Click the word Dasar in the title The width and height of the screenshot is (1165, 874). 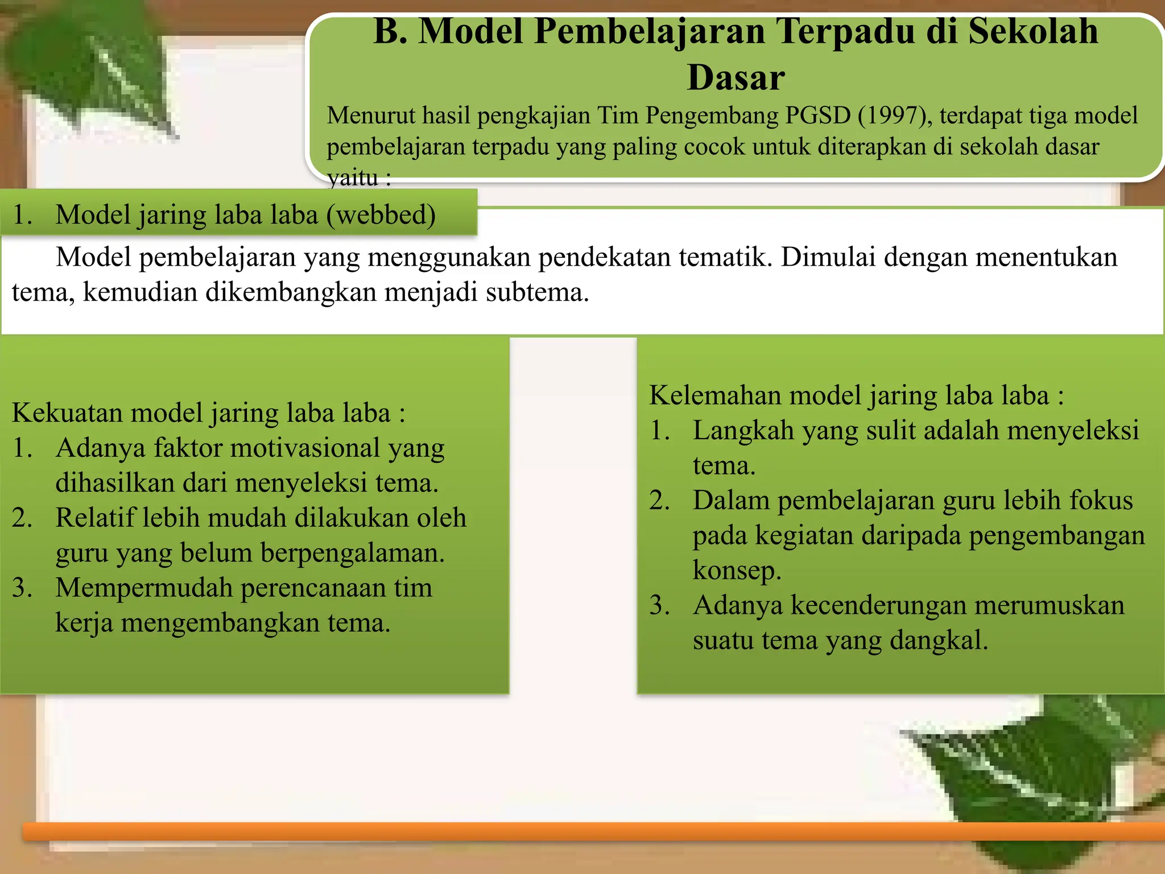point(736,77)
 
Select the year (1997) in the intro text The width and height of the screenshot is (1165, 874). point(894,116)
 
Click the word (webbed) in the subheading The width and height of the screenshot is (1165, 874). point(381,215)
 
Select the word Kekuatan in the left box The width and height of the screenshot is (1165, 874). point(68,413)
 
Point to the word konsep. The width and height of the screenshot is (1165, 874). point(737,570)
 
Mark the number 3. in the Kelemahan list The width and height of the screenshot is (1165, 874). point(660,605)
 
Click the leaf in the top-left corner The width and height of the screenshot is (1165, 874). point(97,68)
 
